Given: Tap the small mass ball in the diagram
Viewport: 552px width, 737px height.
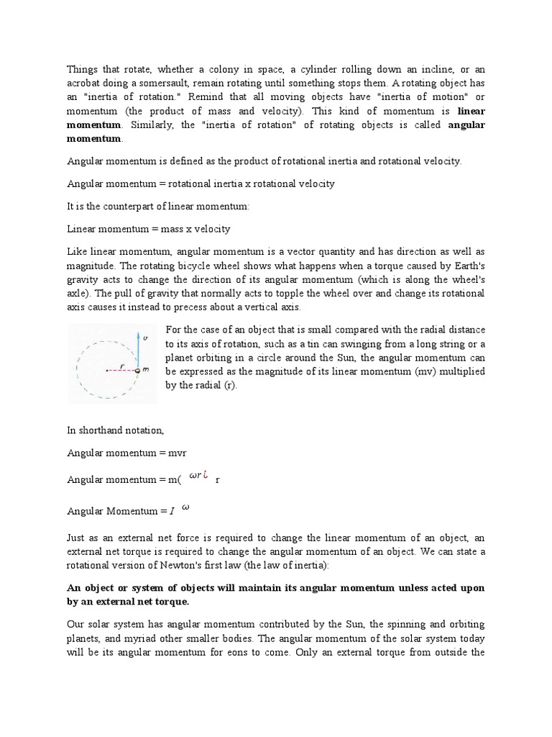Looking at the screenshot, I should (x=137, y=370).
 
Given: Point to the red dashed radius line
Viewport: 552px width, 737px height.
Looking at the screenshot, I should (x=122, y=370).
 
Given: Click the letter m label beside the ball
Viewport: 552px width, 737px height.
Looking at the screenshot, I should (x=146, y=370).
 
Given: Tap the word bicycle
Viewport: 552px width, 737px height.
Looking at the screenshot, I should (x=194, y=264).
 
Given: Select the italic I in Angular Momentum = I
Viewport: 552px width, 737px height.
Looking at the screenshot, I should (x=172, y=511).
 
